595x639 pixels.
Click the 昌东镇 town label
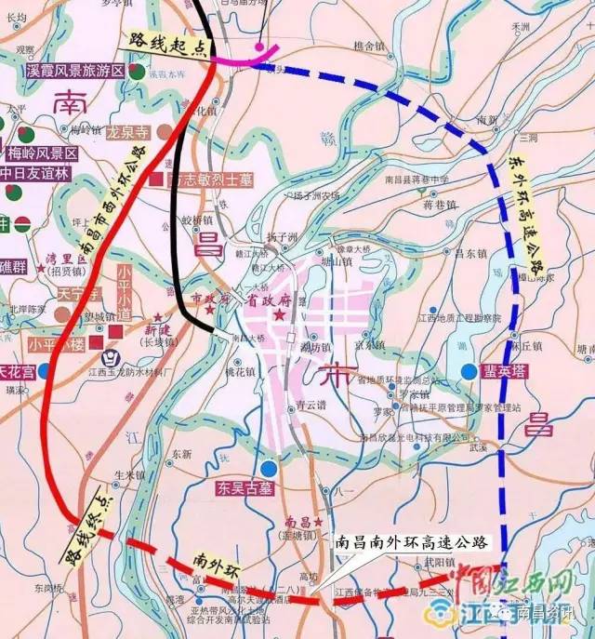tap(465, 252)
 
